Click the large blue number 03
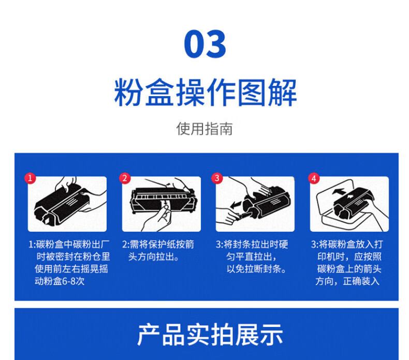click(x=205, y=44)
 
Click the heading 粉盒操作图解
click(x=206, y=92)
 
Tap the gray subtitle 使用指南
click(x=204, y=129)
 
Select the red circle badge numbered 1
click(x=30, y=178)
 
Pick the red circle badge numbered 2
click(x=125, y=178)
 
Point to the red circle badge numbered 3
click(x=217, y=178)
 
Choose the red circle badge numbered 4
click(x=314, y=178)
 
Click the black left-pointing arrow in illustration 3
click(x=236, y=204)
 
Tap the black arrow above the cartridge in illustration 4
click(x=339, y=192)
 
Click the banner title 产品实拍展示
click(x=210, y=335)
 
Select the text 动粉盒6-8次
click(x=60, y=281)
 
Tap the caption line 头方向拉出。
click(x=154, y=257)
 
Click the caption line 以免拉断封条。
click(x=256, y=269)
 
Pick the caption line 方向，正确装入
click(x=347, y=281)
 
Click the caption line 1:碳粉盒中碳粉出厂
click(x=69, y=245)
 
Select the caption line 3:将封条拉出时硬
click(x=252, y=245)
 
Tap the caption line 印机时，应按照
click(x=349, y=257)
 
